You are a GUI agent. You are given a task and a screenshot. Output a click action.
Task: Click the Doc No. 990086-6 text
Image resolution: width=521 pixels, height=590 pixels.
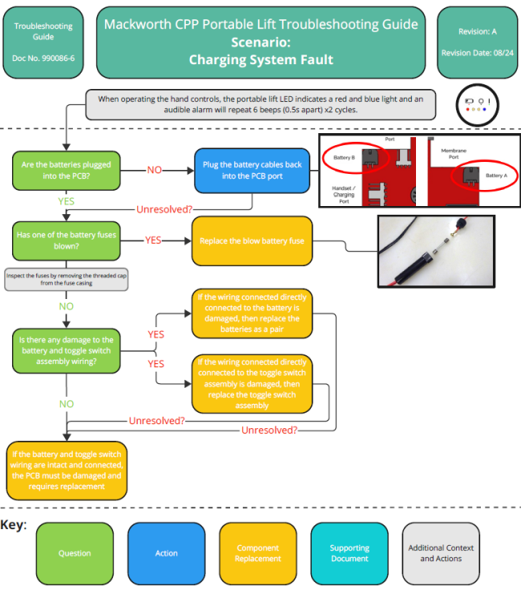coord(43,59)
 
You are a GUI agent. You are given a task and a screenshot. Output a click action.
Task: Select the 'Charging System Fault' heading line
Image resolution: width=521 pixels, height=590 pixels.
coord(260,59)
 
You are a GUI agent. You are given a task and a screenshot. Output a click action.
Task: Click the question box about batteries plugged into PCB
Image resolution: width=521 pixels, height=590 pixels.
coord(66,170)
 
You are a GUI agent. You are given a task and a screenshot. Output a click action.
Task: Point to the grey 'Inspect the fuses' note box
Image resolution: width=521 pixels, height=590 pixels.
coord(67,278)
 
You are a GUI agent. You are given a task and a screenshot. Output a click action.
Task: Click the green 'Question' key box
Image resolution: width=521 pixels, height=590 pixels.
coord(75,553)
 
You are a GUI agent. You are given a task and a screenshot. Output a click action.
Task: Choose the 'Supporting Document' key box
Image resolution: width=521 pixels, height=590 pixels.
coord(349,553)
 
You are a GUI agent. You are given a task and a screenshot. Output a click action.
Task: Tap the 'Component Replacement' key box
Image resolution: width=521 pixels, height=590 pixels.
coord(258,553)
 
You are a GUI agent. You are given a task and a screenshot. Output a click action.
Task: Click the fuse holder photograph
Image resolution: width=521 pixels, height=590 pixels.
coord(444,251)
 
